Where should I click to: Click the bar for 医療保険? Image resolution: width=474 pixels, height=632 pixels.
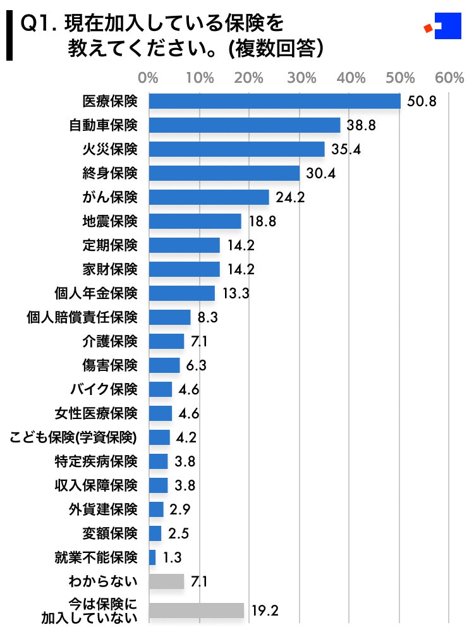(x=274, y=101)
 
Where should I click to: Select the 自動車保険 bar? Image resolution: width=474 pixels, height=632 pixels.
(x=245, y=125)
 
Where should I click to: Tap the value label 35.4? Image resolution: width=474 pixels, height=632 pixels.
(x=345, y=149)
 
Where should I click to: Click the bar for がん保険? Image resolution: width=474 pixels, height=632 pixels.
(x=209, y=197)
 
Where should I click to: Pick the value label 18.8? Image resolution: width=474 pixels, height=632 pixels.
(x=262, y=221)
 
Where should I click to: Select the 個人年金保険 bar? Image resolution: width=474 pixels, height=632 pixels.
(x=181, y=293)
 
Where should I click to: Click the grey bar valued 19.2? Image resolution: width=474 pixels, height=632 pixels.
(x=196, y=611)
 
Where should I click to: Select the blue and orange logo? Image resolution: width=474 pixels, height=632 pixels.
(x=441, y=27)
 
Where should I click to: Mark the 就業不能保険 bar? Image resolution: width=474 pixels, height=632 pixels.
(x=152, y=557)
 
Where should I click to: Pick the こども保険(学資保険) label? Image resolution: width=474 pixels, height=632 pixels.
(x=74, y=437)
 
